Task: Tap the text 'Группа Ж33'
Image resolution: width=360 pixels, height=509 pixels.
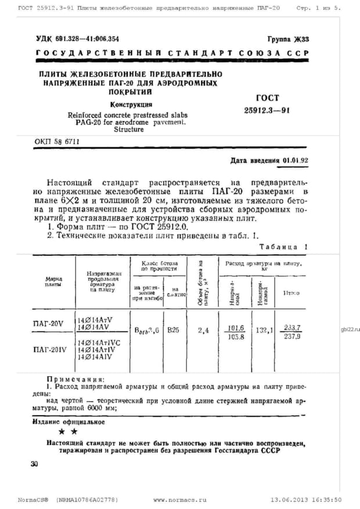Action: [x=288, y=39]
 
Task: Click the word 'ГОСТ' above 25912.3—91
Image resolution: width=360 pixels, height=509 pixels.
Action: [x=267, y=98]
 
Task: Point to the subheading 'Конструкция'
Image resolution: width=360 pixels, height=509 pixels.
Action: [x=131, y=104]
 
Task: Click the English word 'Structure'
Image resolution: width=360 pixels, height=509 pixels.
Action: [x=129, y=130]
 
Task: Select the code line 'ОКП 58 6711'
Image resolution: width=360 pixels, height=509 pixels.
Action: [x=57, y=142]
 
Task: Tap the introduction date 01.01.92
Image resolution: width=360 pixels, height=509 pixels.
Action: [x=296, y=160]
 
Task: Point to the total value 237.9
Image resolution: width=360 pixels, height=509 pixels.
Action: [x=291, y=337]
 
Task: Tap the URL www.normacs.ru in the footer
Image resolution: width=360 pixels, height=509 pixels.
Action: [x=180, y=499]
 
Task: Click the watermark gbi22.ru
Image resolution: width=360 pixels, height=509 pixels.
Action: [x=351, y=329]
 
